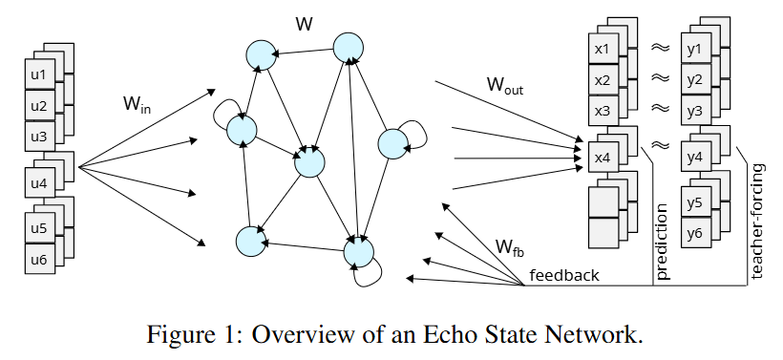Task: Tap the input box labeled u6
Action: (x=38, y=259)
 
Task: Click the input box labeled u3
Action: (x=38, y=136)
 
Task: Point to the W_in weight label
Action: (x=137, y=103)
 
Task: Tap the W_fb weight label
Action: (x=509, y=247)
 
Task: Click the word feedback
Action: (x=564, y=276)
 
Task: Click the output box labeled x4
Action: (x=602, y=158)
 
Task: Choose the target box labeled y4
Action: (x=694, y=158)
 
